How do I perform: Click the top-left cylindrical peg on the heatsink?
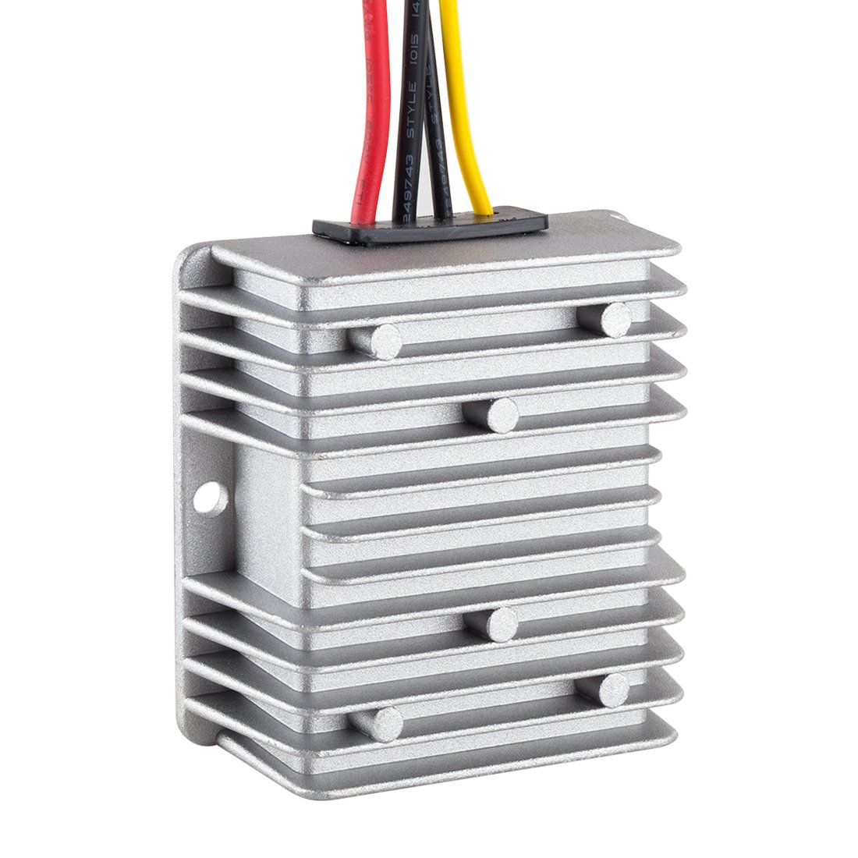click(377, 341)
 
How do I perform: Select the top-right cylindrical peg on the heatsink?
click(616, 319)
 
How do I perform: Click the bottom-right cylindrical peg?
click(614, 690)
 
